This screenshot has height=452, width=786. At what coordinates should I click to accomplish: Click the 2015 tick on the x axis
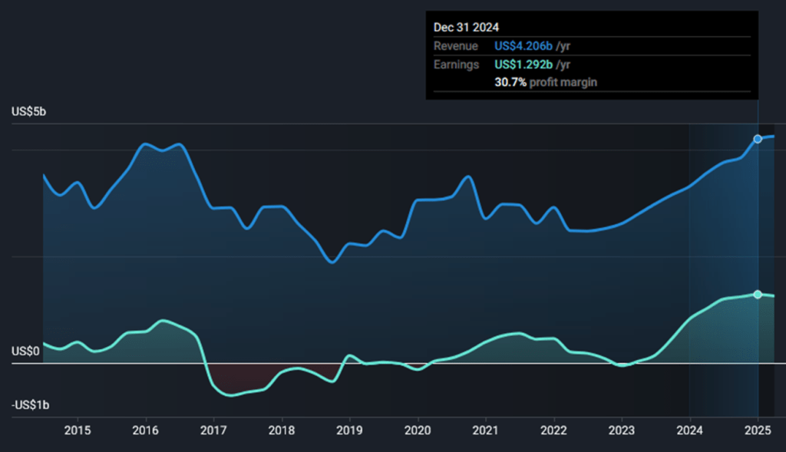click(78, 430)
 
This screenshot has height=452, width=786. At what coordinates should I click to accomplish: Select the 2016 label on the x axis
click(146, 430)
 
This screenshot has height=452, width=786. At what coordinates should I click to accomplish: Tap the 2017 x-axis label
click(213, 430)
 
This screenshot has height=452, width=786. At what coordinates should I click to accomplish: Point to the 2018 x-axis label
click(282, 430)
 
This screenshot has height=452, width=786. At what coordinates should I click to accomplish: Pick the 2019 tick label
click(349, 430)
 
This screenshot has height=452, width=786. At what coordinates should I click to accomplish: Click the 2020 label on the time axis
click(418, 430)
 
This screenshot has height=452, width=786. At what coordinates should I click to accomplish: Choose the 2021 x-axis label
click(486, 430)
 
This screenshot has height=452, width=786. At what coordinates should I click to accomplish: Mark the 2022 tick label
click(553, 430)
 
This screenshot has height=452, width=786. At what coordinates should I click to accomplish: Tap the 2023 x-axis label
click(622, 430)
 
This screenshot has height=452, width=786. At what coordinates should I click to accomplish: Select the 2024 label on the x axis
click(689, 430)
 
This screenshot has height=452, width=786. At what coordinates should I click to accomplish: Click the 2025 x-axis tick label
click(758, 430)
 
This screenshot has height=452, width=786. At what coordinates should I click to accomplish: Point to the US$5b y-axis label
click(29, 112)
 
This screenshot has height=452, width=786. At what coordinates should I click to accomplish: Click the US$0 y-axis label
click(26, 351)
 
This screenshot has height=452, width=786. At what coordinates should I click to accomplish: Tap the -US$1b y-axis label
click(31, 405)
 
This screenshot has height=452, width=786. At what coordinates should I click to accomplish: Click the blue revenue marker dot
click(758, 139)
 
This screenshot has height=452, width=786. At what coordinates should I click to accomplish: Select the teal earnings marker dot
click(758, 295)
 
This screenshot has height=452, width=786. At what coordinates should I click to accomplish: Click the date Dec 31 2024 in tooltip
click(466, 27)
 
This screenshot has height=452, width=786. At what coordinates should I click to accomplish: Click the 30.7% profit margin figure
click(510, 82)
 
